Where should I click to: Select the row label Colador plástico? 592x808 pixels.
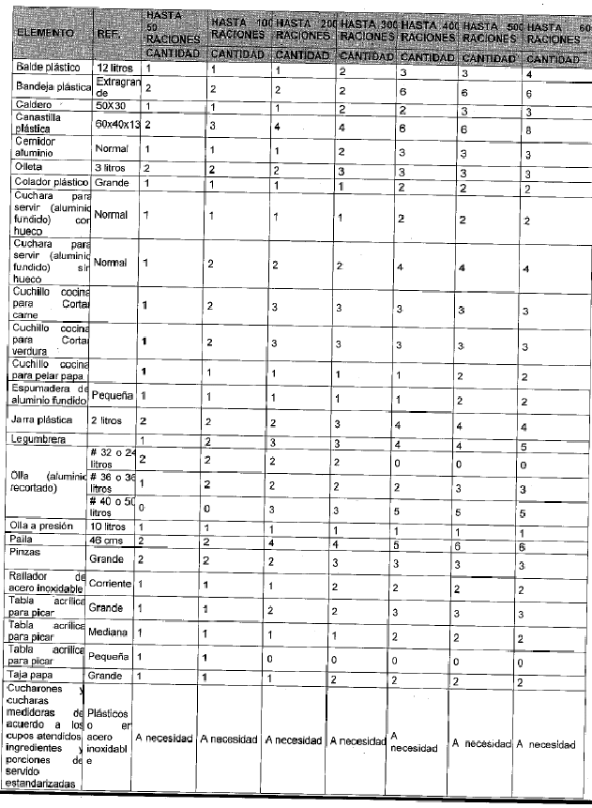49,182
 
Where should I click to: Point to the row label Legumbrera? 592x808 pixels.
39,439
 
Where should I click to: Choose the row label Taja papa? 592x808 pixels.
34,674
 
